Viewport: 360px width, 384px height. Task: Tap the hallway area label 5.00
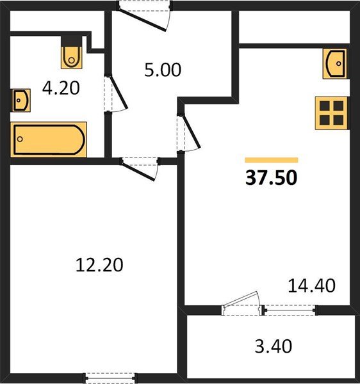click(x=162, y=69)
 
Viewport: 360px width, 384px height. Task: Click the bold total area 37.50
click(x=271, y=178)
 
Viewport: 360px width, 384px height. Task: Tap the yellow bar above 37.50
click(x=271, y=160)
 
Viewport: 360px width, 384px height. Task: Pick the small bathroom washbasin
click(x=20, y=100)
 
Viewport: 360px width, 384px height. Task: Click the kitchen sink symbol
click(x=335, y=64)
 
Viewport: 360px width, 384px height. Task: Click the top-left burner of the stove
click(x=324, y=106)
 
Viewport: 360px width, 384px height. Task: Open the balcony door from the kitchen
click(x=241, y=305)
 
